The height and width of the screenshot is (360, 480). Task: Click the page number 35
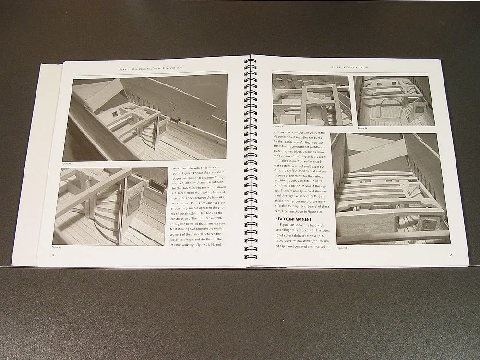(450, 255)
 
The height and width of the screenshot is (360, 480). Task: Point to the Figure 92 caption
(57, 248)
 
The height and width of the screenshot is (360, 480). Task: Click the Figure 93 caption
(278, 127)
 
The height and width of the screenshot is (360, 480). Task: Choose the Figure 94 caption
(362, 128)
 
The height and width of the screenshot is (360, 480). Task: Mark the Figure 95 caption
(341, 248)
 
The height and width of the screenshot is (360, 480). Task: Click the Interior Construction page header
(350, 67)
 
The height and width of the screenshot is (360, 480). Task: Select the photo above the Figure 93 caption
(311, 100)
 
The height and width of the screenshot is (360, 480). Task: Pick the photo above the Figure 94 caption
(394, 101)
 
